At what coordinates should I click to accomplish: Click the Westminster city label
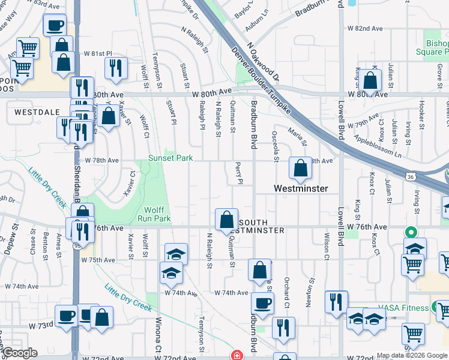(301, 188)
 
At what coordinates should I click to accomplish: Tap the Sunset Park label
(171, 158)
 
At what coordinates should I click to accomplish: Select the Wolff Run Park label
(157, 215)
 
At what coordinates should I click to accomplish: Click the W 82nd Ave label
(365, 28)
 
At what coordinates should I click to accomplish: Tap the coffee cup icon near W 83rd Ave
(55, 26)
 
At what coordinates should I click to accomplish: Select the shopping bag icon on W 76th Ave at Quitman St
(227, 220)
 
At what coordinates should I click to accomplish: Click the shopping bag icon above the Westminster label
(300, 168)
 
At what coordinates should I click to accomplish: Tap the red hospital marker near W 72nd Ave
(237, 355)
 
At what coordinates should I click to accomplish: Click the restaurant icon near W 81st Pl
(116, 68)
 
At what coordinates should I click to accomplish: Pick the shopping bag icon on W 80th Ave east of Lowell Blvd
(372, 80)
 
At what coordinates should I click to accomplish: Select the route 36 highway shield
(410, 177)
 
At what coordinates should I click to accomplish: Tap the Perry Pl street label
(240, 172)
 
